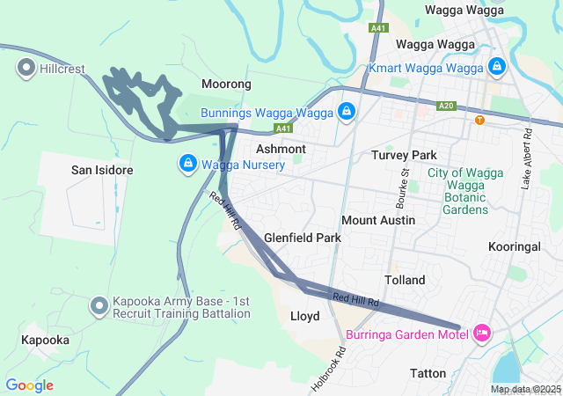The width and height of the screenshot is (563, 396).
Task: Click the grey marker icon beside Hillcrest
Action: point(26,67)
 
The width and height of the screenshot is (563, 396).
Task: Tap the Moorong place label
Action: point(226,84)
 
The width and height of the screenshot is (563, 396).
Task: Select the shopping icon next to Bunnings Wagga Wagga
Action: point(347,113)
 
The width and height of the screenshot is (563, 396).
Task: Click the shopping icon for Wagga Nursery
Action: point(187,165)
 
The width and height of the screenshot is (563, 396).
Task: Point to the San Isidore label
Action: point(102,169)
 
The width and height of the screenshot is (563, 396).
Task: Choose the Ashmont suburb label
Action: point(281,150)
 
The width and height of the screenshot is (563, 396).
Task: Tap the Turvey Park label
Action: point(404,155)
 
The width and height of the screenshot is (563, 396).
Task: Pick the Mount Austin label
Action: point(377,219)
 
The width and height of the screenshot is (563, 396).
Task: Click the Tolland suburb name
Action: point(405,280)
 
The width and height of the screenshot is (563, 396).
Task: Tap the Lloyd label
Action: point(304,315)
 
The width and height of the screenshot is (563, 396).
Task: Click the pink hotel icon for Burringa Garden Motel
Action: point(481,334)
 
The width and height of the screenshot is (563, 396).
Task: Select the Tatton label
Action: point(428,373)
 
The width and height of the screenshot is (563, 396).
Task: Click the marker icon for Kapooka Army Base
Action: point(99,306)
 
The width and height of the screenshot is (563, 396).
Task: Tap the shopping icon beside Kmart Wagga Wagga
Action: point(496,67)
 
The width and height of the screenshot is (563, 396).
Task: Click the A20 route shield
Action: point(446,106)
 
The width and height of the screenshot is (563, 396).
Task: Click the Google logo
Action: point(30,385)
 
